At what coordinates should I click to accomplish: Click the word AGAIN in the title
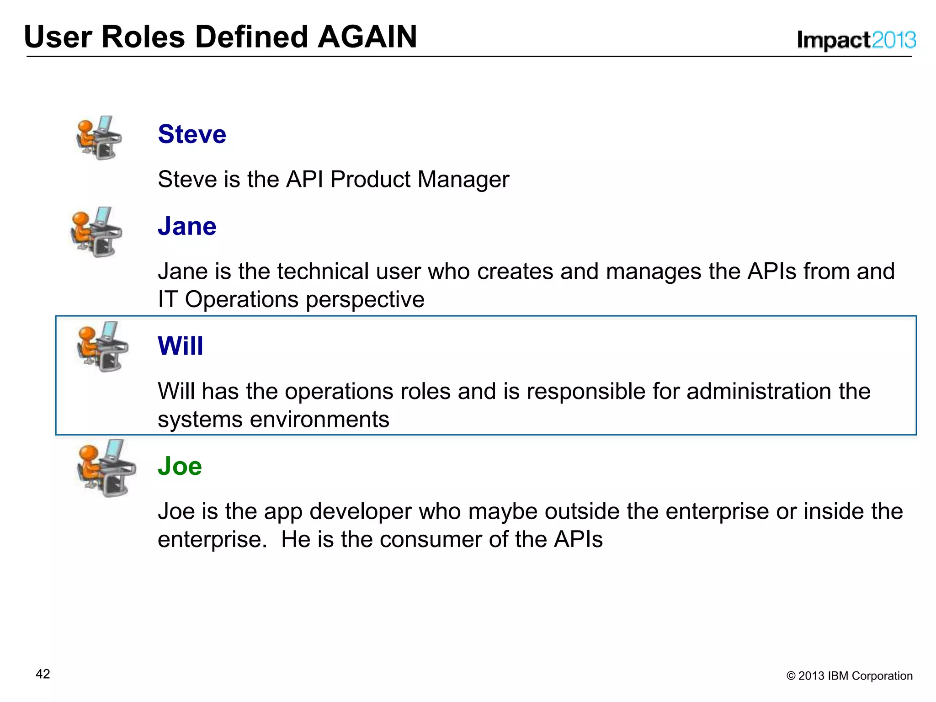[367, 37]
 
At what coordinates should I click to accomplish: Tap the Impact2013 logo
[856, 40]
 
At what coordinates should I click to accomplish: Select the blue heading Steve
[192, 134]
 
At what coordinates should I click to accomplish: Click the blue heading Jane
[187, 226]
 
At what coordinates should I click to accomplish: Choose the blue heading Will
[181, 346]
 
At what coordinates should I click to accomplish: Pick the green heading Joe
[180, 466]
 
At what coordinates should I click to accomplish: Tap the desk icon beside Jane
[96, 232]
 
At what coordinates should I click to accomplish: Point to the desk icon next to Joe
[106, 468]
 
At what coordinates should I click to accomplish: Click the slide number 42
[43, 674]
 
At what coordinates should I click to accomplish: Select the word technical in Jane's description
[323, 271]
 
